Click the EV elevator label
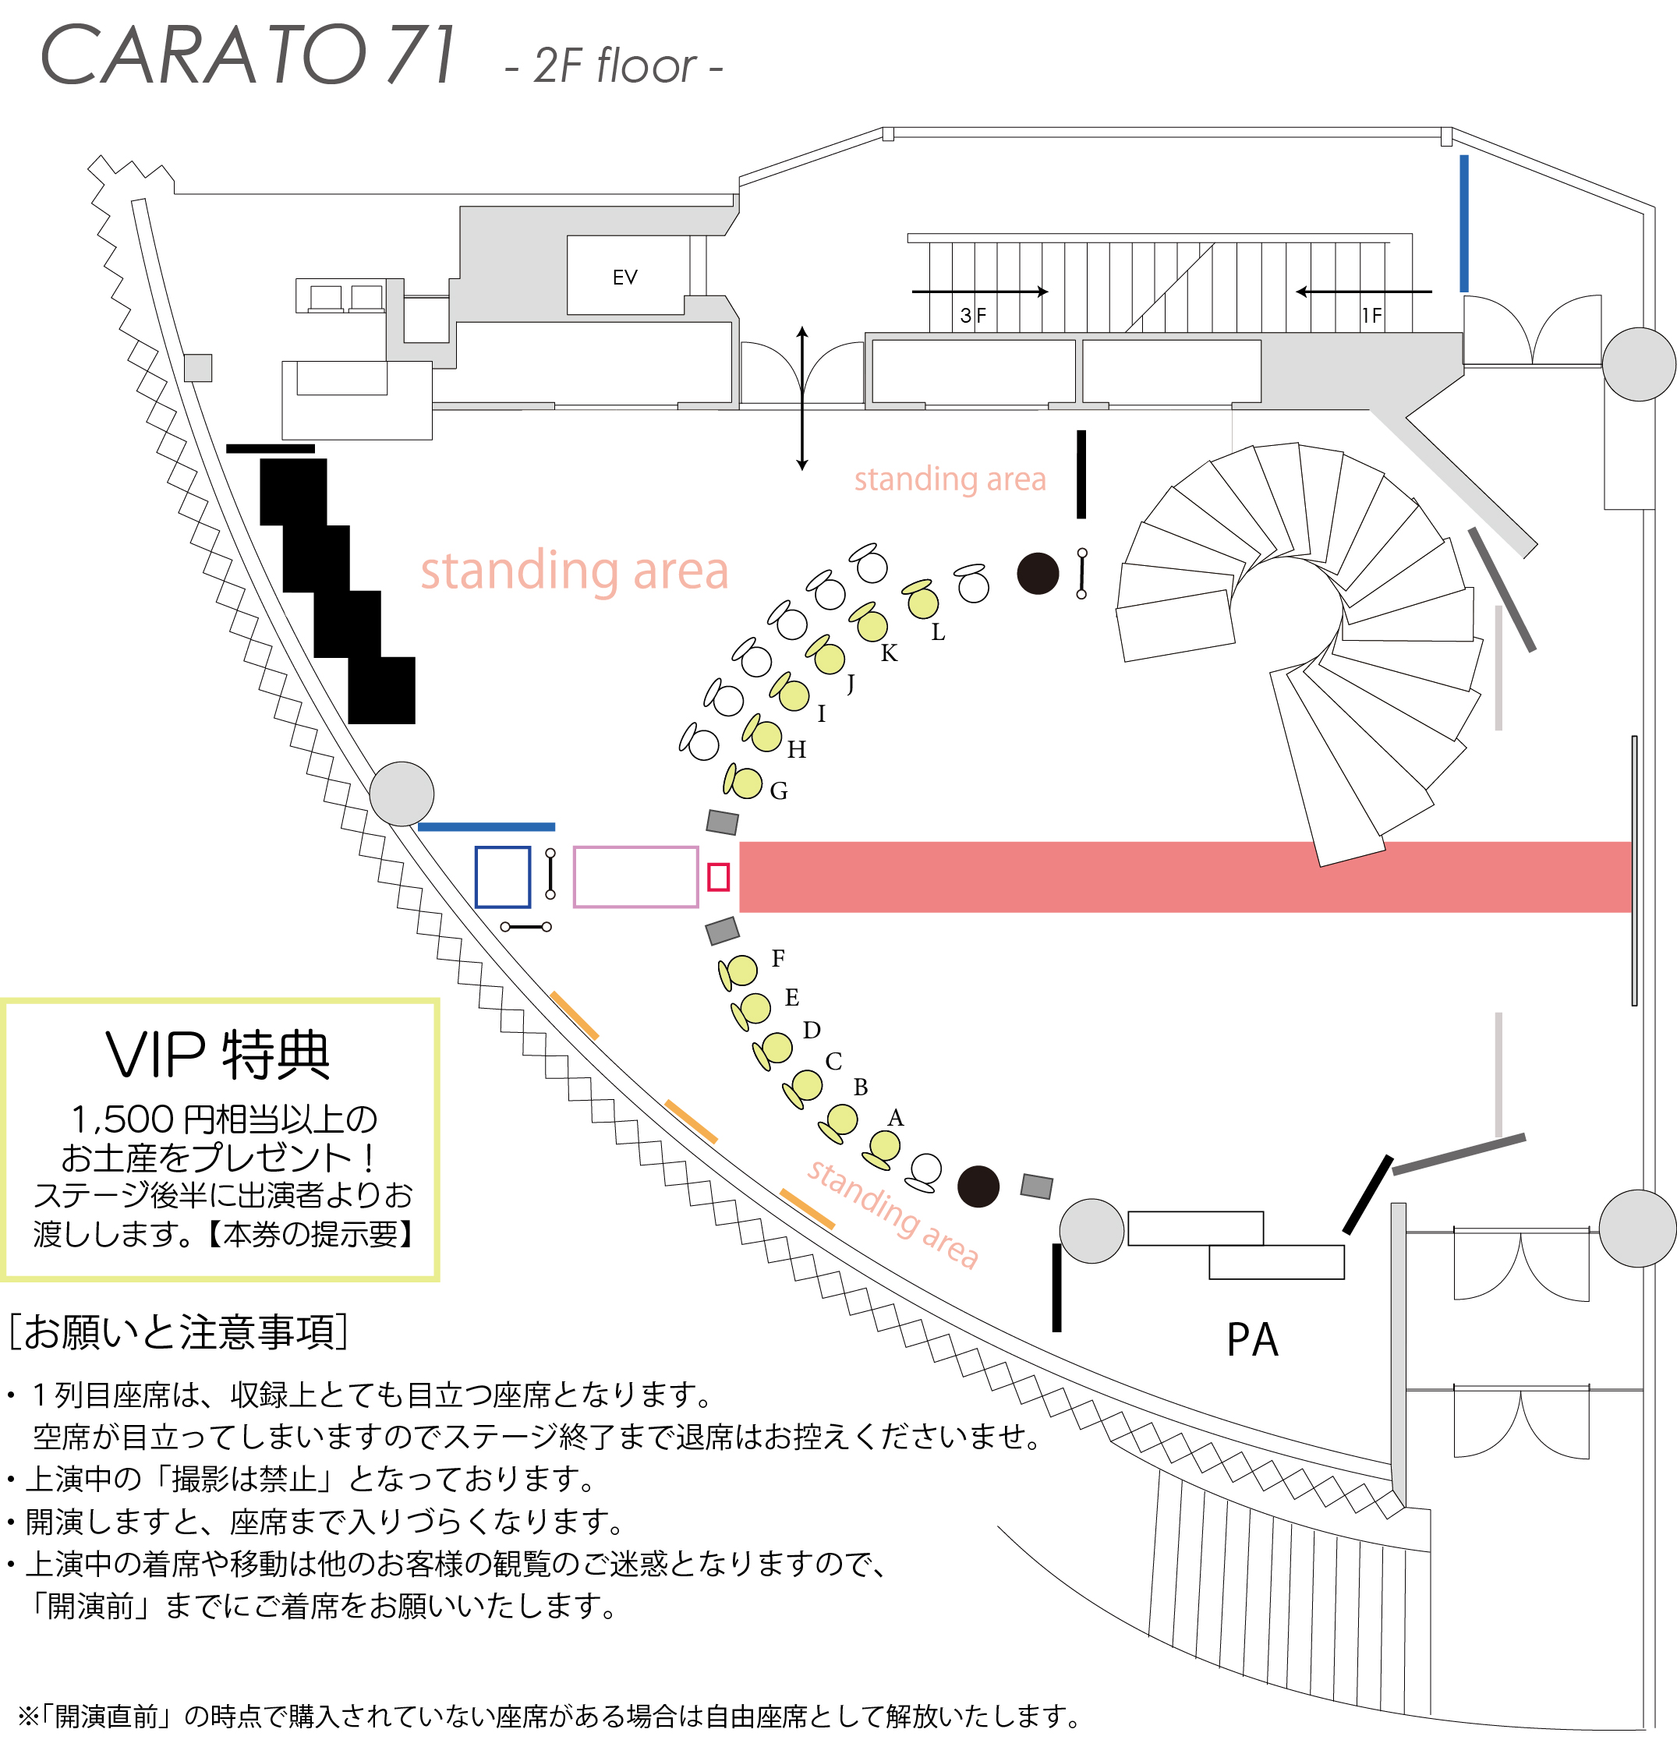624,277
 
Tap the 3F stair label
972,316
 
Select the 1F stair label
1371,316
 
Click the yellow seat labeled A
884,1146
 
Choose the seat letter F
778,958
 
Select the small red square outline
718,877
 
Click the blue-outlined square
502,877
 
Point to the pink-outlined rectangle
635,877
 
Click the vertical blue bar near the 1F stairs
1463,224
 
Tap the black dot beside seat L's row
1038,573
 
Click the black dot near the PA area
978,1186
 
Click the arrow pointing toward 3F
979,292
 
